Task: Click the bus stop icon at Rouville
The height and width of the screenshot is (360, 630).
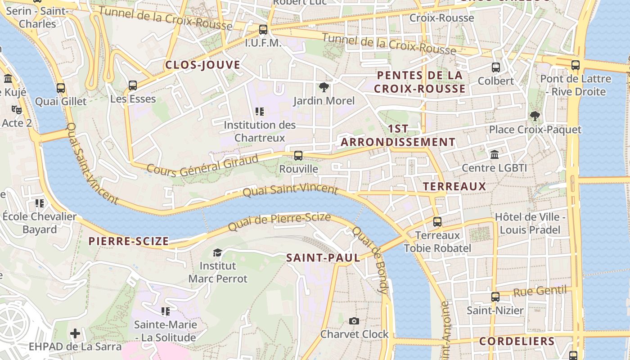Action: (298, 156)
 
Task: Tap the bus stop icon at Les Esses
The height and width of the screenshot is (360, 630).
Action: (133, 85)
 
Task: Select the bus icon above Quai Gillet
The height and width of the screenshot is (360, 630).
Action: (61, 88)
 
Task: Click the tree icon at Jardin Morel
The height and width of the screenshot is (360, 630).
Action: (324, 87)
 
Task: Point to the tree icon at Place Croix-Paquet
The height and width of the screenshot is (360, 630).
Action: (535, 116)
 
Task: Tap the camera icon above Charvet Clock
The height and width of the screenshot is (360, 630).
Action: (354, 321)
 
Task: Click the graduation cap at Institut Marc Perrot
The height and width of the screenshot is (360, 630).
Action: (217, 252)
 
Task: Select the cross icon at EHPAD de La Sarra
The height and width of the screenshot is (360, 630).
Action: (75, 333)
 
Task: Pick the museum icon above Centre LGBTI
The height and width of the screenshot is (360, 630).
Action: (495, 155)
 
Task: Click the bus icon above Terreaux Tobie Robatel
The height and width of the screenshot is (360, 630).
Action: (437, 222)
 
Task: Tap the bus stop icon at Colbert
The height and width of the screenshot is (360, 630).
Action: (496, 67)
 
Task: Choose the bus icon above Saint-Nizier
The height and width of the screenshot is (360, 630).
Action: (495, 297)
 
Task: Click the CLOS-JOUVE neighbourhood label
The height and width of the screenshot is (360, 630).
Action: (202, 65)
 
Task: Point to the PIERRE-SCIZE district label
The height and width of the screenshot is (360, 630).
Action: (129, 241)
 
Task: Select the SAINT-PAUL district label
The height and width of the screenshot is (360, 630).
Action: (323, 258)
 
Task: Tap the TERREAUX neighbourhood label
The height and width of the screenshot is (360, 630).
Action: (454, 186)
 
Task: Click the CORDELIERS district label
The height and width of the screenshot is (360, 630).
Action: (517, 341)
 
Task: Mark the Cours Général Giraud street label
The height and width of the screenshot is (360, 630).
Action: (203, 166)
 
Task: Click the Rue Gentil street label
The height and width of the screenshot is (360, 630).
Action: (540, 291)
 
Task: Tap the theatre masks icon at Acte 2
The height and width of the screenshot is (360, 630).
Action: (17, 109)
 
